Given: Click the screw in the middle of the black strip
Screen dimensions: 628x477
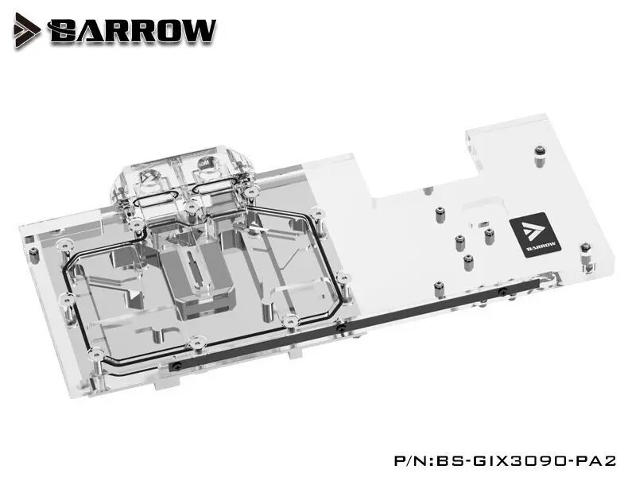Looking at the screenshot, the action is [340, 328].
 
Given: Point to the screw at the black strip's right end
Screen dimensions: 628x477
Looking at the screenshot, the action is [502, 292].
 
